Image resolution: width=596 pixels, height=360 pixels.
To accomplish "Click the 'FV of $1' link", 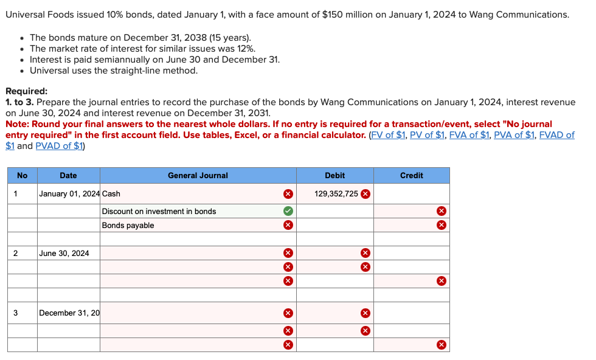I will [x=388, y=135].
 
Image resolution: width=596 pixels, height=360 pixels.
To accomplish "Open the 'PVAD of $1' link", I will [x=60, y=146].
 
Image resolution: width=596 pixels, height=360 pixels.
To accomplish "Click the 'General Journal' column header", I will [x=198, y=175].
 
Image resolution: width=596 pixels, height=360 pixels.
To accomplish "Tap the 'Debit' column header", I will [x=334, y=175].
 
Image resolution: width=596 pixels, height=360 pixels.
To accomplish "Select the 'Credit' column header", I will [x=411, y=175].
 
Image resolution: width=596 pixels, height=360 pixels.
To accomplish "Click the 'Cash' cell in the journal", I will [x=111, y=194].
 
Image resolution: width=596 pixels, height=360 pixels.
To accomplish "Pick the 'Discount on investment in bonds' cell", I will [x=159, y=211].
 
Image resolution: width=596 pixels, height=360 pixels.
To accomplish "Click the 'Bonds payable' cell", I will [x=128, y=225].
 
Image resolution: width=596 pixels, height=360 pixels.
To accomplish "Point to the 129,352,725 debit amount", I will [x=336, y=194].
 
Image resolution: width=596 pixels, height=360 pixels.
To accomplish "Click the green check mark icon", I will [x=288, y=211].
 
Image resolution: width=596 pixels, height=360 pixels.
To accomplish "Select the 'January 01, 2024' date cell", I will [x=69, y=194].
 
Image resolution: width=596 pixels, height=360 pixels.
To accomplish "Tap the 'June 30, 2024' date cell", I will [x=64, y=253].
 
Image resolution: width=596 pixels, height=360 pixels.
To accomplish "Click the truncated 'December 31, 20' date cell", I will [x=69, y=313].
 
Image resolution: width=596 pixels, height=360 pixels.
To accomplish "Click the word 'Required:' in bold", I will [x=26, y=91].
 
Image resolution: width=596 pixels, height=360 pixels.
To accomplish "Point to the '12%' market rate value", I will [x=246, y=49].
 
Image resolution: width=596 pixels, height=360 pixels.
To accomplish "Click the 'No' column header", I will [x=22, y=175].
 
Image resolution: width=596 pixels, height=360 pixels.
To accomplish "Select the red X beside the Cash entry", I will [x=288, y=194].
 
